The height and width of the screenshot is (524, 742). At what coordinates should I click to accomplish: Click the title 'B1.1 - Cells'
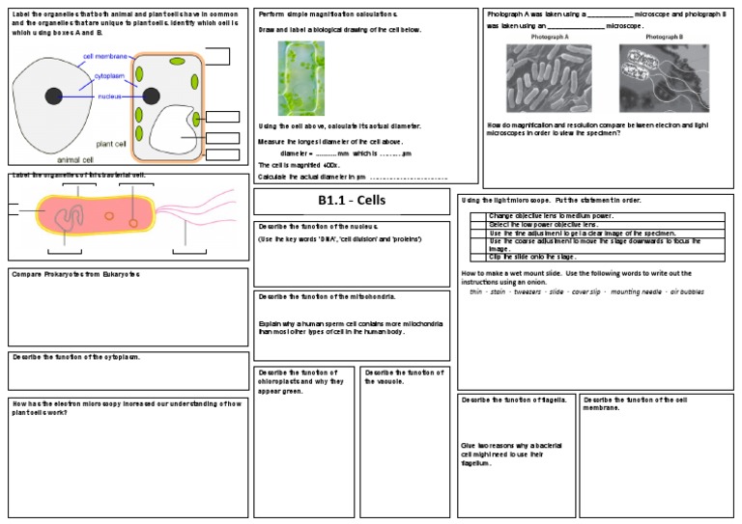coord(351,202)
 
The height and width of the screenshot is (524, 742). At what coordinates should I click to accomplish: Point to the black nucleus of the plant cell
coord(152,95)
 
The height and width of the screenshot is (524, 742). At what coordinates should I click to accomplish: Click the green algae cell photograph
coord(301,77)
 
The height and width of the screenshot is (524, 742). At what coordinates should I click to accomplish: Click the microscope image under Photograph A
coord(548,78)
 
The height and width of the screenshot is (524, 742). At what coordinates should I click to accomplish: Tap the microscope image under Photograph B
coord(664,78)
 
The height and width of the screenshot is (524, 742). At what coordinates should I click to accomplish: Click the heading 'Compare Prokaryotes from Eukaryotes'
coord(75,275)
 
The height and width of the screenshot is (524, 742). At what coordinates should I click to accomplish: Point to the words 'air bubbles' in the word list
coord(687,290)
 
